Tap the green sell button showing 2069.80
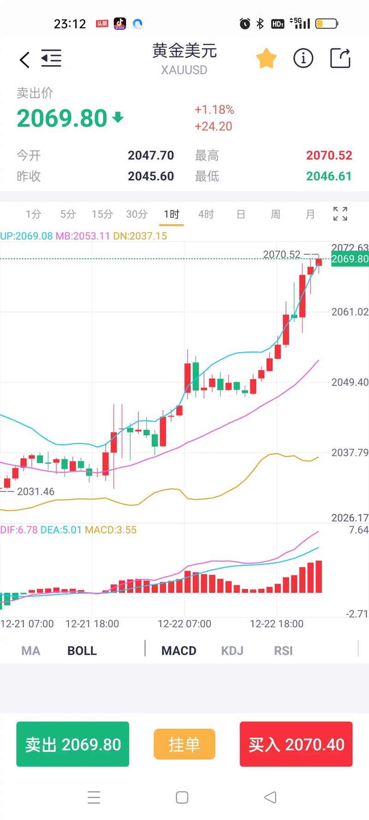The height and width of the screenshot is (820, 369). tap(73, 744)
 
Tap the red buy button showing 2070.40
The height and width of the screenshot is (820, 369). tap(296, 744)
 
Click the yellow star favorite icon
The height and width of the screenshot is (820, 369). tap(266, 59)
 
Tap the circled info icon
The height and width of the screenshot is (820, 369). tap(303, 59)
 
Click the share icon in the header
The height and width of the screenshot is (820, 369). tap(340, 59)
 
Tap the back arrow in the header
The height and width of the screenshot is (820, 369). tap(24, 59)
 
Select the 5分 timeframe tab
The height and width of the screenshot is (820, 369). tap(68, 214)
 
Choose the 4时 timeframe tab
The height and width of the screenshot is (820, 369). tap(206, 214)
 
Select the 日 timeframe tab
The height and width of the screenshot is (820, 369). tap(241, 214)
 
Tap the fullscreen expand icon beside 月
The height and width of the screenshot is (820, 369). tap(340, 214)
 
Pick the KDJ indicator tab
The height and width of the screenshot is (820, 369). tap(232, 651)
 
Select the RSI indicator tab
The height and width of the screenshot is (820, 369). tap(283, 651)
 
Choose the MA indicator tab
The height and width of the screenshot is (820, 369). tap(31, 651)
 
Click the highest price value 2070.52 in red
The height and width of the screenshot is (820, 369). tap(329, 155)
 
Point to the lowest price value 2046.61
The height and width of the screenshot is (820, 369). tap(329, 176)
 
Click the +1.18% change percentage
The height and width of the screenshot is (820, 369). tap(214, 110)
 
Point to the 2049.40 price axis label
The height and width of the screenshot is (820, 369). tap(350, 382)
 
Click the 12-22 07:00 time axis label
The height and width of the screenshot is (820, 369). tap(184, 624)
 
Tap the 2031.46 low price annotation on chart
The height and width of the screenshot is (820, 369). tap(36, 492)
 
